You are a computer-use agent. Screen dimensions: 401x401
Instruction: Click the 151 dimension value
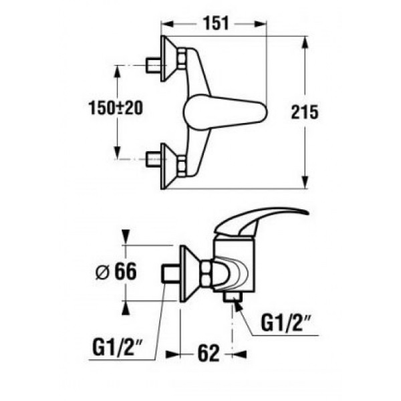click(x=216, y=24)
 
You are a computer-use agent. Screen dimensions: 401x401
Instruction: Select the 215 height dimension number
click(x=305, y=112)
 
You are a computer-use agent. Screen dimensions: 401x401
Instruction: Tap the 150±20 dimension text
click(x=116, y=108)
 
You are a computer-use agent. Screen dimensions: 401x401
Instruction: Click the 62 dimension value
click(x=209, y=353)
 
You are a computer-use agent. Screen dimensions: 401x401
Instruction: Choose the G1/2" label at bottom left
click(x=117, y=347)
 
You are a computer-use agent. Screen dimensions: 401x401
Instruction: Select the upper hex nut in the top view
click(x=182, y=58)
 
